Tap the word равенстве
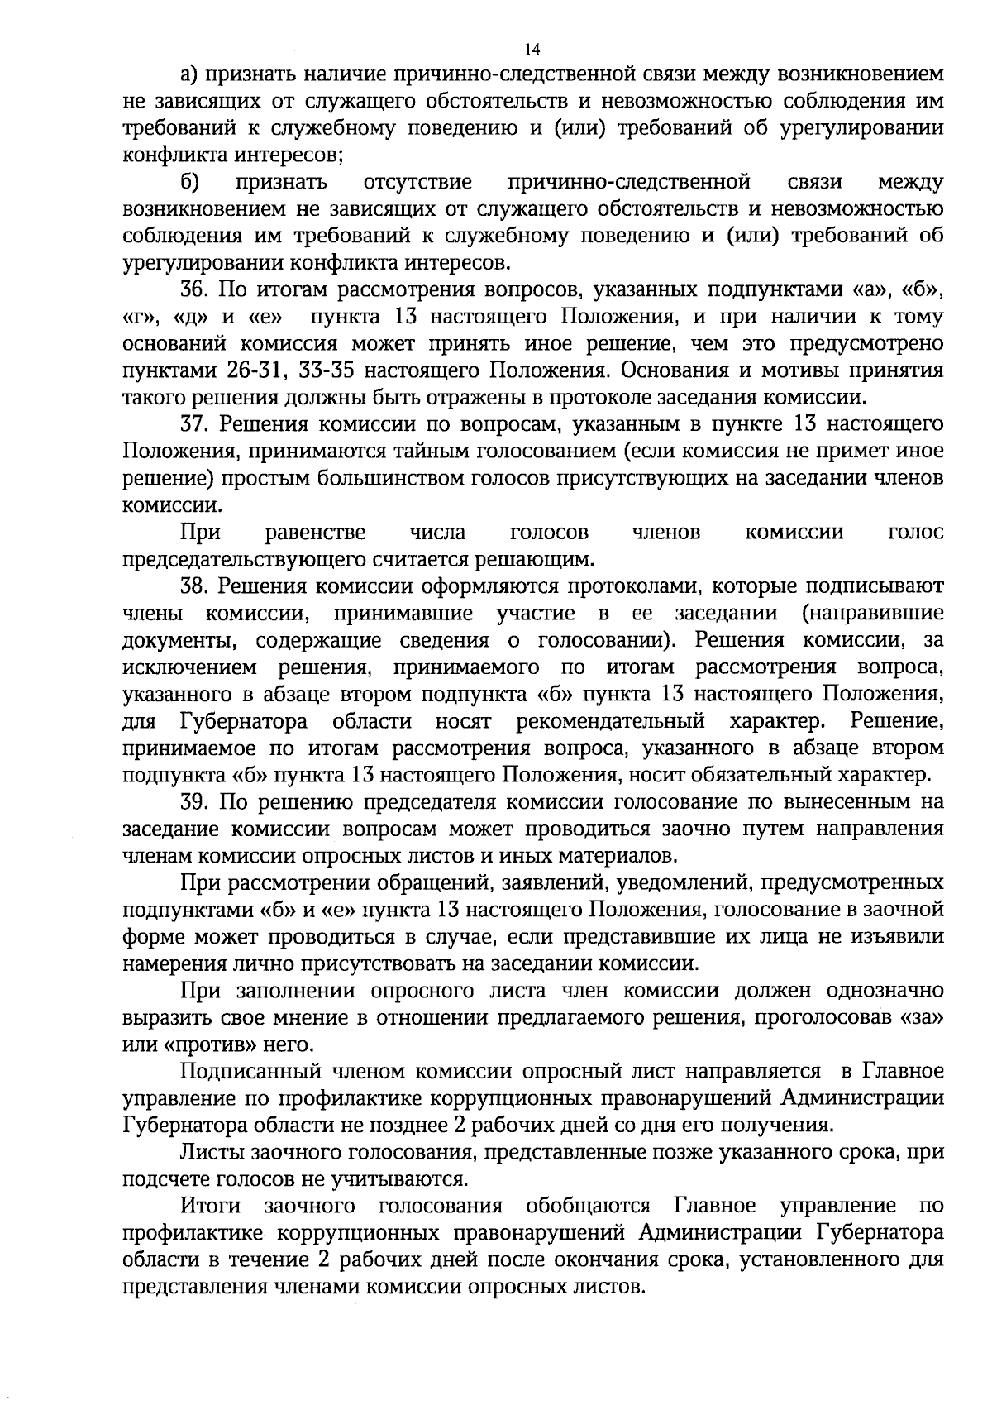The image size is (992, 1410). point(317,533)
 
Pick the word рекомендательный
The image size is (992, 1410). point(610,721)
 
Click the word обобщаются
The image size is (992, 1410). point(588,1206)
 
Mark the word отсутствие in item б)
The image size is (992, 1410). point(417,183)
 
